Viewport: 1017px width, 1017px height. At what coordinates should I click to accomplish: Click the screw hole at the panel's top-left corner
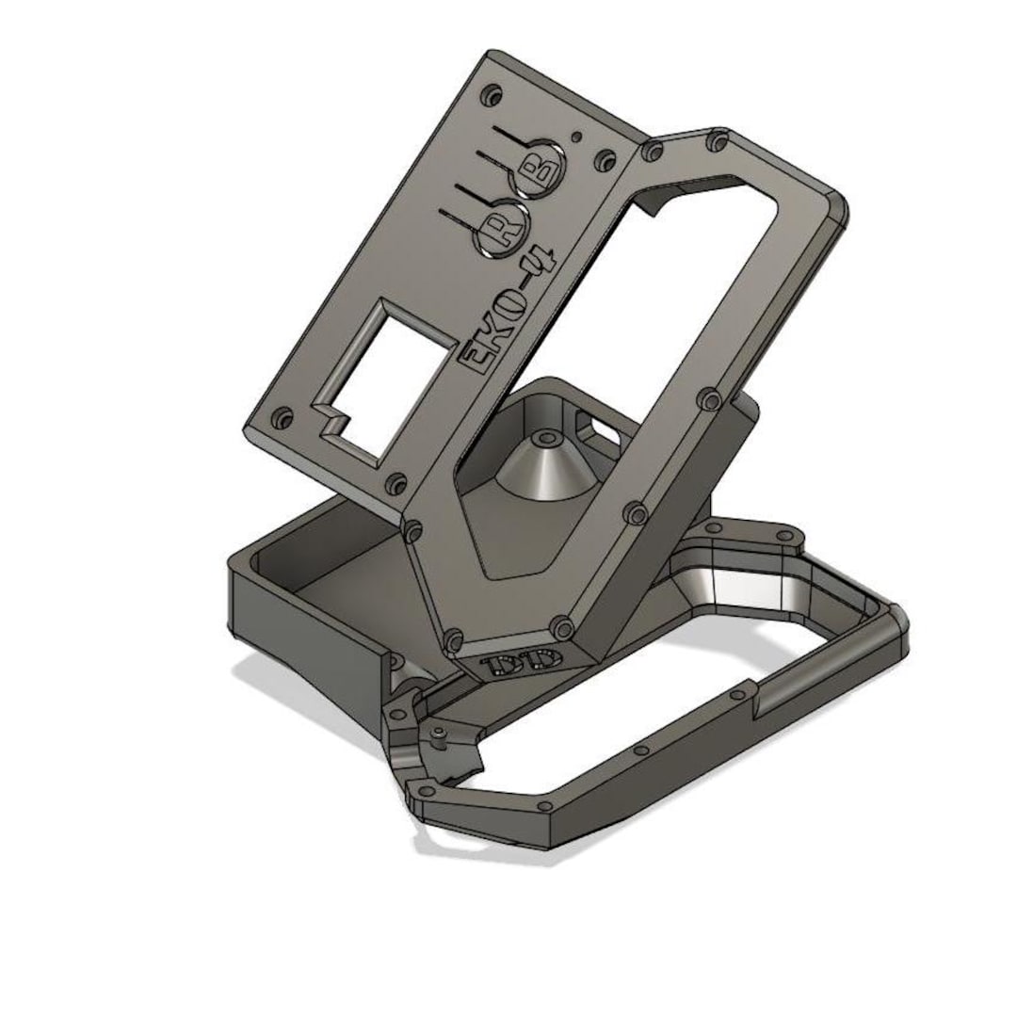[x=491, y=95]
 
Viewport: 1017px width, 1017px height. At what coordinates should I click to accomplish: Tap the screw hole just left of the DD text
[x=456, y=640]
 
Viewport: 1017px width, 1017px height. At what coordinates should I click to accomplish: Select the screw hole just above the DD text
[x=563, y=625]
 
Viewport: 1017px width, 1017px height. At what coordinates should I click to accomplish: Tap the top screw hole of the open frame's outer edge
[x=719, y=141]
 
